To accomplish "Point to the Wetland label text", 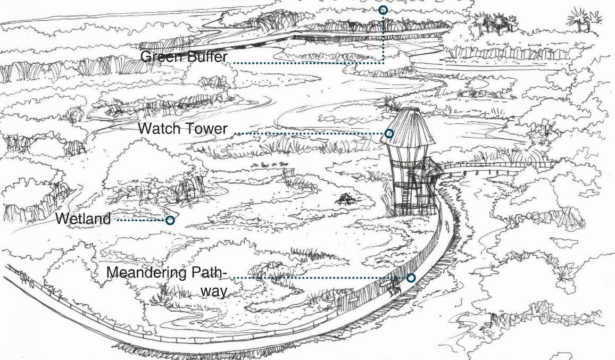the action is pos(83,219).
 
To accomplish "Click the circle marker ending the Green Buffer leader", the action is pos(383,10).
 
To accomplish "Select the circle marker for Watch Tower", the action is pos(389,133).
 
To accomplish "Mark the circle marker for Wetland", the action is pos(170,220).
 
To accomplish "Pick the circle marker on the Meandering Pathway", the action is pos(411,278).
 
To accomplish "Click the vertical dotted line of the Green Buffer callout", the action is pos(383,37).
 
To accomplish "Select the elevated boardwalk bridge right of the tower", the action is pos(489,166).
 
